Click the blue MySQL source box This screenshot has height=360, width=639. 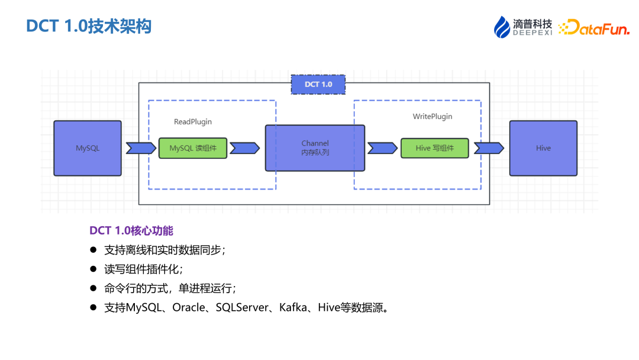(x=88, y=148)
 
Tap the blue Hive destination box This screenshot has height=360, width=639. (x=543, y=148)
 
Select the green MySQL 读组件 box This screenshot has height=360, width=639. (x=193, y=148)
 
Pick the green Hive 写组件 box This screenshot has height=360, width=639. (x=434, y=148)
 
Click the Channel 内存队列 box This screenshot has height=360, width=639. (x=315, y=148)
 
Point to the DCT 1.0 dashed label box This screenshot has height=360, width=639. (x=318, y=84)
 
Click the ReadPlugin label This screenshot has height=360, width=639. (x=193, y=122)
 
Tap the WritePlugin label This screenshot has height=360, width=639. (x=433, y=117)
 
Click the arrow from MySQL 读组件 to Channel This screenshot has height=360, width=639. (x=244, y=148)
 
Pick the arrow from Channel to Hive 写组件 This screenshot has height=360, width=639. (x=382, y=148)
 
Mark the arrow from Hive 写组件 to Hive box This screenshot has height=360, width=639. (x=489, y=148)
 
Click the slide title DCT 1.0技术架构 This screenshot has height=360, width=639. (x=89, y=27)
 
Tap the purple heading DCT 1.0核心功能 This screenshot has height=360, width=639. (x=131, y=230)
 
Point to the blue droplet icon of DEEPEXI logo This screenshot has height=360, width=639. (x=502, y=27)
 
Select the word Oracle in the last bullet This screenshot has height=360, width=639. (x=188, y=308)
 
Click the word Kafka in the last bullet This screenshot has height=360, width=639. (x=293, y=308)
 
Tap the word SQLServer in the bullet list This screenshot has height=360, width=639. (x=242, y=308)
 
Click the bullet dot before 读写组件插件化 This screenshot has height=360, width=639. (x=93, y=269)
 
